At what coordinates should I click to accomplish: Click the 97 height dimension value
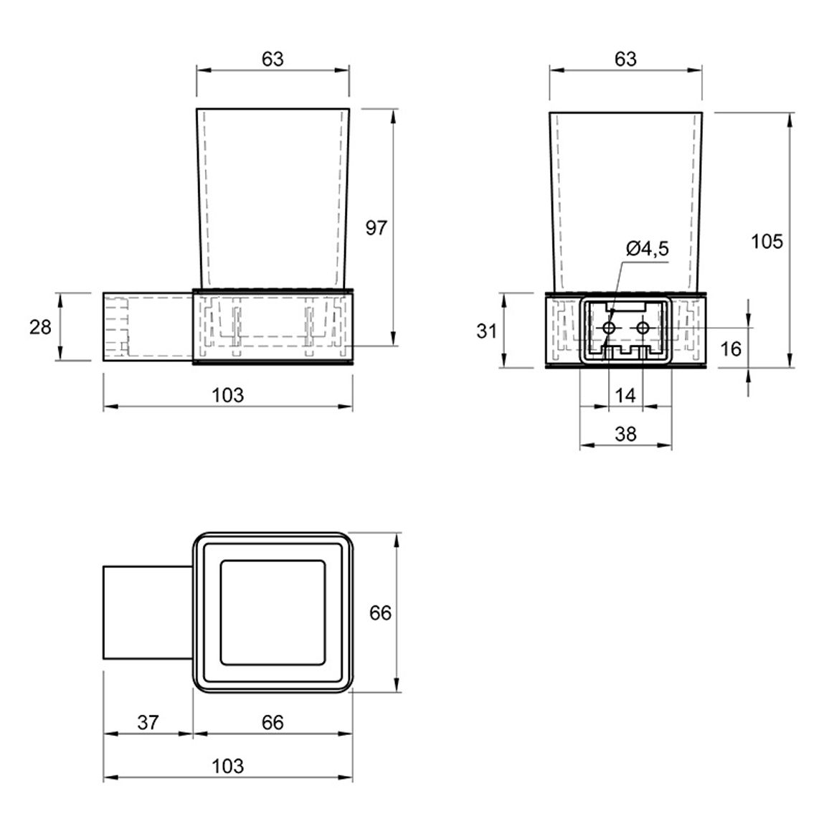[x=376, y=228]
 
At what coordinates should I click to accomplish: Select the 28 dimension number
[x=40, y=327]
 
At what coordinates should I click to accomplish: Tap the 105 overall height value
[x=767, y=242]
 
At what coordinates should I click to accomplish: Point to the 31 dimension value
[x=486, y=331]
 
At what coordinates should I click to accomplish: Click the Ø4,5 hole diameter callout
[x=647, y=249]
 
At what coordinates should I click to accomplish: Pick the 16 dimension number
[x=731, y=349]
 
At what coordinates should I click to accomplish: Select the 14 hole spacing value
[x=625, y=395]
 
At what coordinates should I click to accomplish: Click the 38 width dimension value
[x=625, y=434]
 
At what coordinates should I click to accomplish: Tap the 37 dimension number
[x=148, y=722]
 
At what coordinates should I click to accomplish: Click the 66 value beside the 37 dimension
[x=273, y=722]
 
